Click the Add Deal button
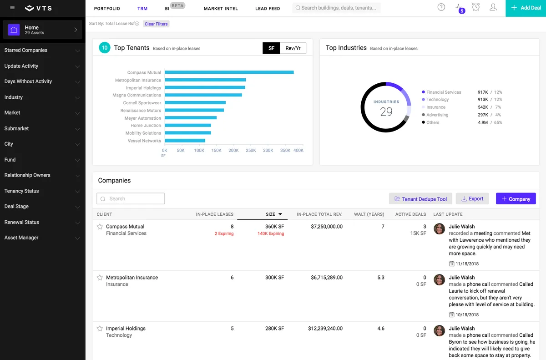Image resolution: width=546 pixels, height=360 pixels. (526, 8)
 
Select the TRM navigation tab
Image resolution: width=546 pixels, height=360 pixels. (142, 9)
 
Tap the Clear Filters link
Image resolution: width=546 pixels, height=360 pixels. (156, 24)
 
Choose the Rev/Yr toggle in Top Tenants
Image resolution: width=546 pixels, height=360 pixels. (293, 48)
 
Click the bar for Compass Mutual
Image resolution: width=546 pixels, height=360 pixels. (229, 72)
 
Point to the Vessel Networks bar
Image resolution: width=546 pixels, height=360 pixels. (185, 140)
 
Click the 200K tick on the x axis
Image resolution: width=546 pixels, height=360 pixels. (233, 150)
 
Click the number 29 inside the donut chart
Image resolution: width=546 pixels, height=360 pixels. (386, 112)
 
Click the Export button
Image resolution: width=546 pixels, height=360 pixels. (472, 198)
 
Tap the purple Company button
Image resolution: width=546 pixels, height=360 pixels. (516, 198)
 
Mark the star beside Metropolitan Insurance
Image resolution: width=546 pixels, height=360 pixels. (100, 278)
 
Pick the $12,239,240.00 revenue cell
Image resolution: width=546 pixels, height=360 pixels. (325, 328)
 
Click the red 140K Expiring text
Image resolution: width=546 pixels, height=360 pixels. (271, 233)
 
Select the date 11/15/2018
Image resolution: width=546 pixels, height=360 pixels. (467, 264)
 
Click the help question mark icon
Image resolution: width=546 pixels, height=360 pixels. (441, 7)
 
